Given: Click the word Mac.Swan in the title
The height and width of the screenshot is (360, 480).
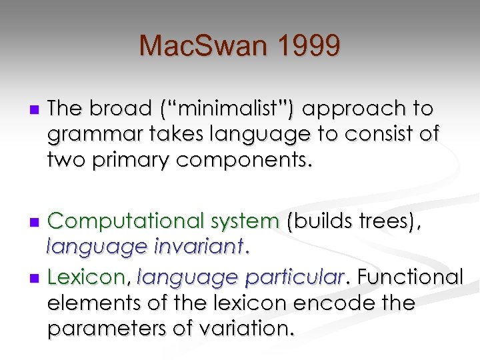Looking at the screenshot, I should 201,46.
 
